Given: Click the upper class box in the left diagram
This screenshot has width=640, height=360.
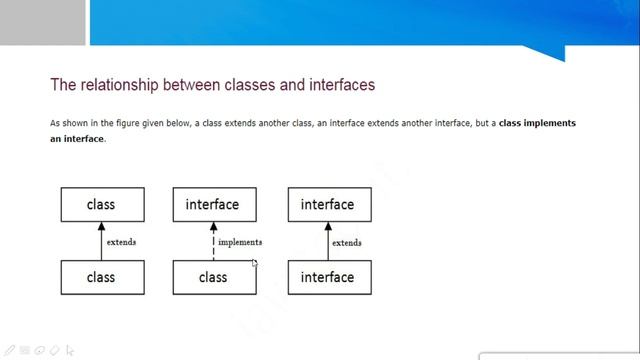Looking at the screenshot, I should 102,204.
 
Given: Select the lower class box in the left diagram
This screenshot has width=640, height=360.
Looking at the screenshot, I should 102,277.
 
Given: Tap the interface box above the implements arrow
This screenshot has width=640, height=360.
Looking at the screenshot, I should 214,204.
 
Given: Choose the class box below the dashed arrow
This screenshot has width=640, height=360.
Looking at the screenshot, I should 214,277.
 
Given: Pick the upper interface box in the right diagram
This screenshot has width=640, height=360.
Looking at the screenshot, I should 329,204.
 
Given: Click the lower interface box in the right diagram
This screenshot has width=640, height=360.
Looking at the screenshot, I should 329,277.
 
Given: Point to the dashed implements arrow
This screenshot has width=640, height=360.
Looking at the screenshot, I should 213,241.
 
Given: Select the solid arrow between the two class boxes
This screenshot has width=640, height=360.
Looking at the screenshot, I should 102,241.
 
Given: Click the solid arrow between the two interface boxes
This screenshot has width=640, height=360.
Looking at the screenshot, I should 328,241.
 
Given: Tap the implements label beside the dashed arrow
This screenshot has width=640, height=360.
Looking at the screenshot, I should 240,242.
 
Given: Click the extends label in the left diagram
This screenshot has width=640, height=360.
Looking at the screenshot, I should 121,242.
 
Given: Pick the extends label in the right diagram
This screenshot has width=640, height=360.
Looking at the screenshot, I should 347,242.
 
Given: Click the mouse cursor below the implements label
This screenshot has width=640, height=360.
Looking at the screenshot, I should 255,264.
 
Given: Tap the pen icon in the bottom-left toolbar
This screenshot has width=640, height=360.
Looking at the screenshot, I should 10,351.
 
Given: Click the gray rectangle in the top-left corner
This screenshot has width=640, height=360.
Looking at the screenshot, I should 42,22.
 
